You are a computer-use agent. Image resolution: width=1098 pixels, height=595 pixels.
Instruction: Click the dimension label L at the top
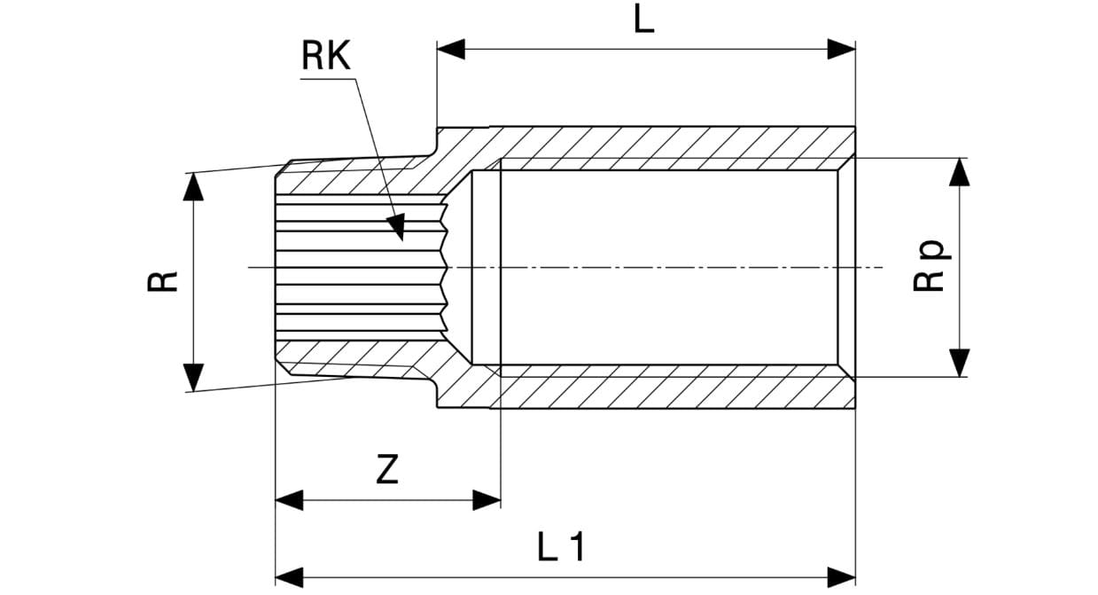click(x=643, y=20)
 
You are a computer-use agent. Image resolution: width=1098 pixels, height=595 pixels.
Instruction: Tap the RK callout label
click(x=326, y=58)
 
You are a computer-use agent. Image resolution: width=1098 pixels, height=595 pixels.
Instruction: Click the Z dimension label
click(x=387, y=470)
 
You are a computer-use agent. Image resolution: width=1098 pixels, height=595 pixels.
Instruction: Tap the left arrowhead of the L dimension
click(x=450, y=50)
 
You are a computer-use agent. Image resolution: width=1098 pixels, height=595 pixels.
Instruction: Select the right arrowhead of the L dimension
click(x=842, y=50)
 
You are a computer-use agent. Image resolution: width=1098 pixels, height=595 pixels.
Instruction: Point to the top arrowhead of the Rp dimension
click(x=959, y=172)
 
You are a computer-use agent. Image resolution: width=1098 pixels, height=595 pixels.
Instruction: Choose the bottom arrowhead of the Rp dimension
click(x=959, y=363)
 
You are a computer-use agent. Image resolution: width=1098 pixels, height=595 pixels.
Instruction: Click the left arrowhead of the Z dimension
click(x=289, y=499)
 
